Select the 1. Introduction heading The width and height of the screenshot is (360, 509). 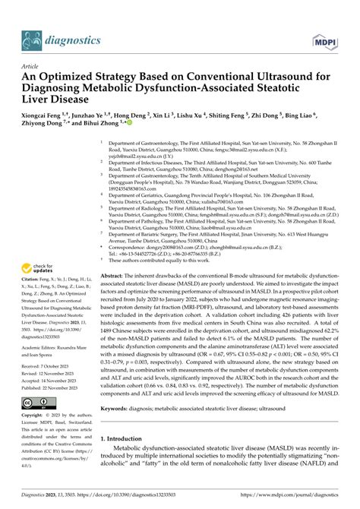pos(127,461)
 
